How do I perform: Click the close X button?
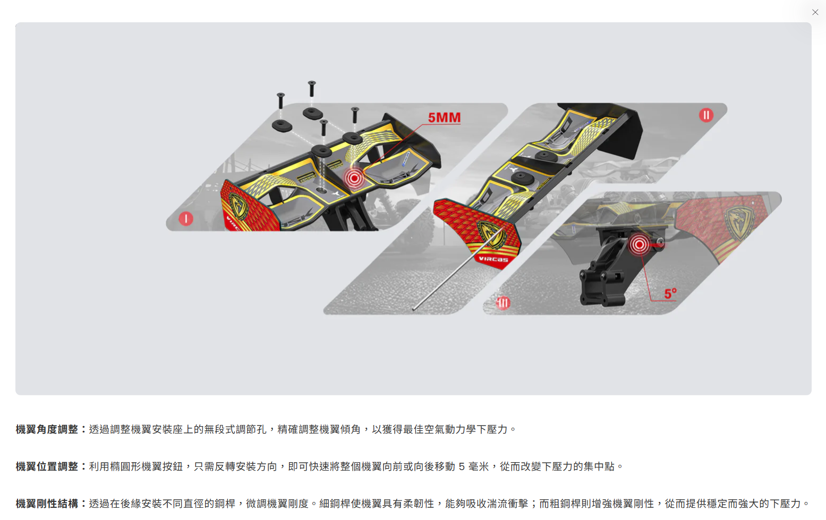tap(815, 12)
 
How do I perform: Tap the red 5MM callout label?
tap(445, 117)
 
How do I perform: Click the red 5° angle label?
tap(670, 293)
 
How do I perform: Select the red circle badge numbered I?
tap(186, 219)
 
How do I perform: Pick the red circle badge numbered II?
tap(706, 115)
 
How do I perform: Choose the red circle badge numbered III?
tap(503, 303)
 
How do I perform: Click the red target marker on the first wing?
tap(354, 179)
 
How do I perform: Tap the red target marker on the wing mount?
tap(639, 245)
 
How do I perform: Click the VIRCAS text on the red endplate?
tap(493, 259)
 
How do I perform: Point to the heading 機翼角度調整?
tap(46, 429)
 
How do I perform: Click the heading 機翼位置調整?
tap(46, 466)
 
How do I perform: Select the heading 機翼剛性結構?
tap(46, 504)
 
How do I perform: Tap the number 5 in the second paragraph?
tap(461, 466)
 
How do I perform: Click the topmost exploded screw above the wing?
tap(312, 89)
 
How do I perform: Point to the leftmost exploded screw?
tap(280, 101)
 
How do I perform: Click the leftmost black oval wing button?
tap(282, 126)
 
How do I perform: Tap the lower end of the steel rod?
tap(414, 309)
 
